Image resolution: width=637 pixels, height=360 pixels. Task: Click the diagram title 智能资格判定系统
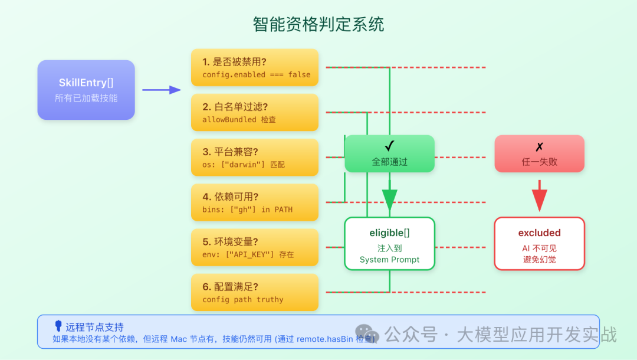[x=318, y=24]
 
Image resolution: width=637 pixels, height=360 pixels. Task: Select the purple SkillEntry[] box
[x=86, y=90]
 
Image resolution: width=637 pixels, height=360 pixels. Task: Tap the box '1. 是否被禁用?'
[x=254, y=67]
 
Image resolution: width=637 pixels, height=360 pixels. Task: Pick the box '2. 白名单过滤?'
[x=254, y=112]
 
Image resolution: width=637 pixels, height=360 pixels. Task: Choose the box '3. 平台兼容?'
[x=254, y=157]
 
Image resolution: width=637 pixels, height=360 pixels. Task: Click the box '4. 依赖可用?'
[x=254, y=202]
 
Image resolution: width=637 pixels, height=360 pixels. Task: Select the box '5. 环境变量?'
[x=254, y=247]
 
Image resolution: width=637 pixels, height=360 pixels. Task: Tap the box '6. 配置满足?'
[x=254, y=292]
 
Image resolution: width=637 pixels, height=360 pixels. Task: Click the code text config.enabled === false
[x=256, y=75]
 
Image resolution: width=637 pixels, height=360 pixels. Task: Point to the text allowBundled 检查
[x=239, y=120]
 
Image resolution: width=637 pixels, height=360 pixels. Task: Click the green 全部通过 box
[x=389, y=153]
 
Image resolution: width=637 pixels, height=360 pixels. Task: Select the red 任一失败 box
[x=539, y=153]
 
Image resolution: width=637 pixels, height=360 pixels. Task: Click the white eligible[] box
[x=389, y=244]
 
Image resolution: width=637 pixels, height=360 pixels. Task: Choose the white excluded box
[x=539, y=244]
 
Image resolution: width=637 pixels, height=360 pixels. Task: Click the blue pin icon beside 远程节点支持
[x=58, y=326]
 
